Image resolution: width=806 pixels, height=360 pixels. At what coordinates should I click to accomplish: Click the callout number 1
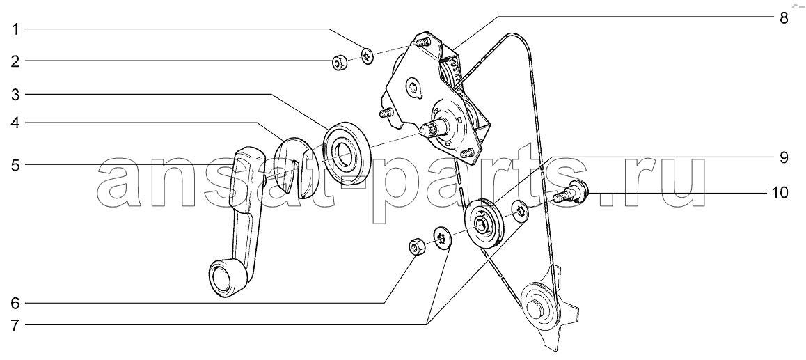click(15, 30)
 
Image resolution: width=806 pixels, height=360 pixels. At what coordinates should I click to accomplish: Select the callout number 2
click(15, 62)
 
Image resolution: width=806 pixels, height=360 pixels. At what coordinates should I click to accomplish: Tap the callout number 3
click(15, 95)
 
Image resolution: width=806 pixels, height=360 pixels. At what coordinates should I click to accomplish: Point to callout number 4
click(15, 123)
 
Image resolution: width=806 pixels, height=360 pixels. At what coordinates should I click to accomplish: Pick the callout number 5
click(15, 165)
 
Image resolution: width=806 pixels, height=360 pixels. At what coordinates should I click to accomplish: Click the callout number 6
click(15, 304)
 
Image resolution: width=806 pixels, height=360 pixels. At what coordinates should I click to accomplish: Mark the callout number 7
click(15, 325)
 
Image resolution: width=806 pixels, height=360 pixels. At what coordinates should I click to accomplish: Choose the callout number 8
click(784, 18)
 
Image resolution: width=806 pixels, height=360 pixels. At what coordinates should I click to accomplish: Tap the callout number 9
click(784, 157)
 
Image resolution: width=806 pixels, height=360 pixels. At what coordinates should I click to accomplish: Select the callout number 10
click(780, 193)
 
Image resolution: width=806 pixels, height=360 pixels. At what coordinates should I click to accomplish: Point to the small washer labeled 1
click(368, 56)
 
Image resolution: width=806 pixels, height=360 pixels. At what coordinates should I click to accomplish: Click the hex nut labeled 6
click(416, 247)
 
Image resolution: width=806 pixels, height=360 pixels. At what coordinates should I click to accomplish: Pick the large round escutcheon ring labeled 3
click(348, 152)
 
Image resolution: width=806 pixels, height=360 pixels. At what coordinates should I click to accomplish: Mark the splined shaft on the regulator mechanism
click(432, 129)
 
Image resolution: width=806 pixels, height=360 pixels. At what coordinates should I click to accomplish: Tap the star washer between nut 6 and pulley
click(442, 237)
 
